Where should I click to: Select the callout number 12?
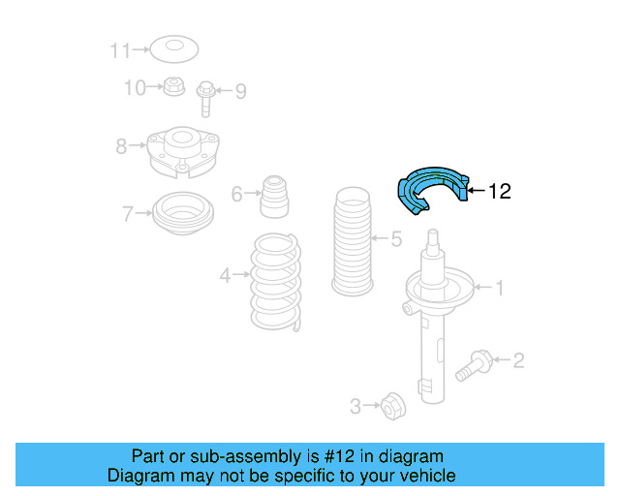click(498, 192)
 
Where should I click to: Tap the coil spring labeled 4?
click(275, 280)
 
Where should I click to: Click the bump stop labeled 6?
click(275, 197)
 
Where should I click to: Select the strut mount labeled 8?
click(181, 152)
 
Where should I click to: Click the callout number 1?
click(500, 287)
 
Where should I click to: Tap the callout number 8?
click(121, 147)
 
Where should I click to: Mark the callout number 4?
click(224, 276)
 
